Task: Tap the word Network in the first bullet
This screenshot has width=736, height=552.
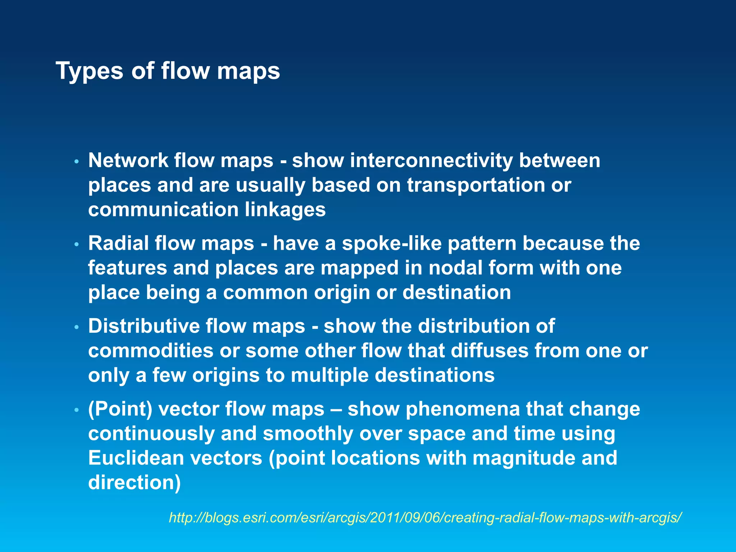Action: (128, 160)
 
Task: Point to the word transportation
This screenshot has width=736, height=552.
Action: (476, 185)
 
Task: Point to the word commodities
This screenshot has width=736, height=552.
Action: (151, 351)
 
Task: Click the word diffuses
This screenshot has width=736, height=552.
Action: (490, 351)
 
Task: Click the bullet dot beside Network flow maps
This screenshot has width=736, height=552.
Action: (76, 162)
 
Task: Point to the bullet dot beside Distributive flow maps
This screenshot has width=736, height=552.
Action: (76, 328)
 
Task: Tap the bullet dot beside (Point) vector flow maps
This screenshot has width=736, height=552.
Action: (76, 410)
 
